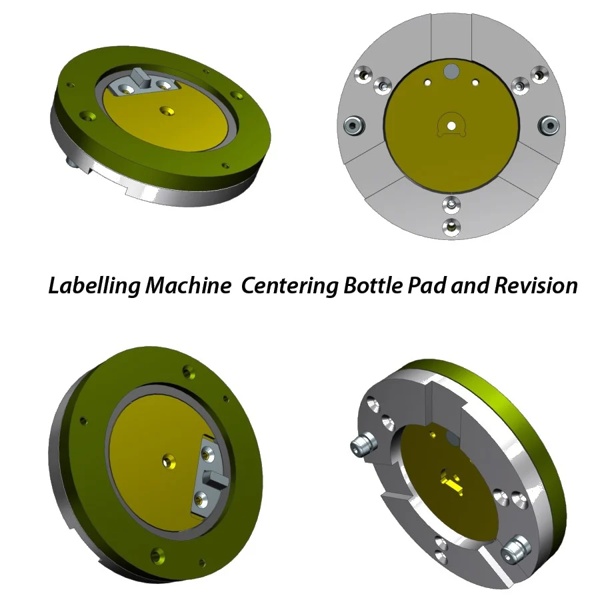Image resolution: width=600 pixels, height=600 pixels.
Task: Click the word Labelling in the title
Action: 94,285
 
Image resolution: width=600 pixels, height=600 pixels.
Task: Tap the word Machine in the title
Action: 188,285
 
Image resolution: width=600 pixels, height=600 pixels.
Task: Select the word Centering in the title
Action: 289,285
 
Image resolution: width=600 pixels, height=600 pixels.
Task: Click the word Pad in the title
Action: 426,285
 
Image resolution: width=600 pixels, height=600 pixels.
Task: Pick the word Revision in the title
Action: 536,285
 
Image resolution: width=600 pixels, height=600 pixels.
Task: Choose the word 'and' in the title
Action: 470,285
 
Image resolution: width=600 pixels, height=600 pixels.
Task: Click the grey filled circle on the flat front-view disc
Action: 451,71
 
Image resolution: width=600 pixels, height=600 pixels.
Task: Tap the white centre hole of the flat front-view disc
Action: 451,125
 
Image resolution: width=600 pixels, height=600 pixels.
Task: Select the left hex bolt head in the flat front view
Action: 353,125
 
